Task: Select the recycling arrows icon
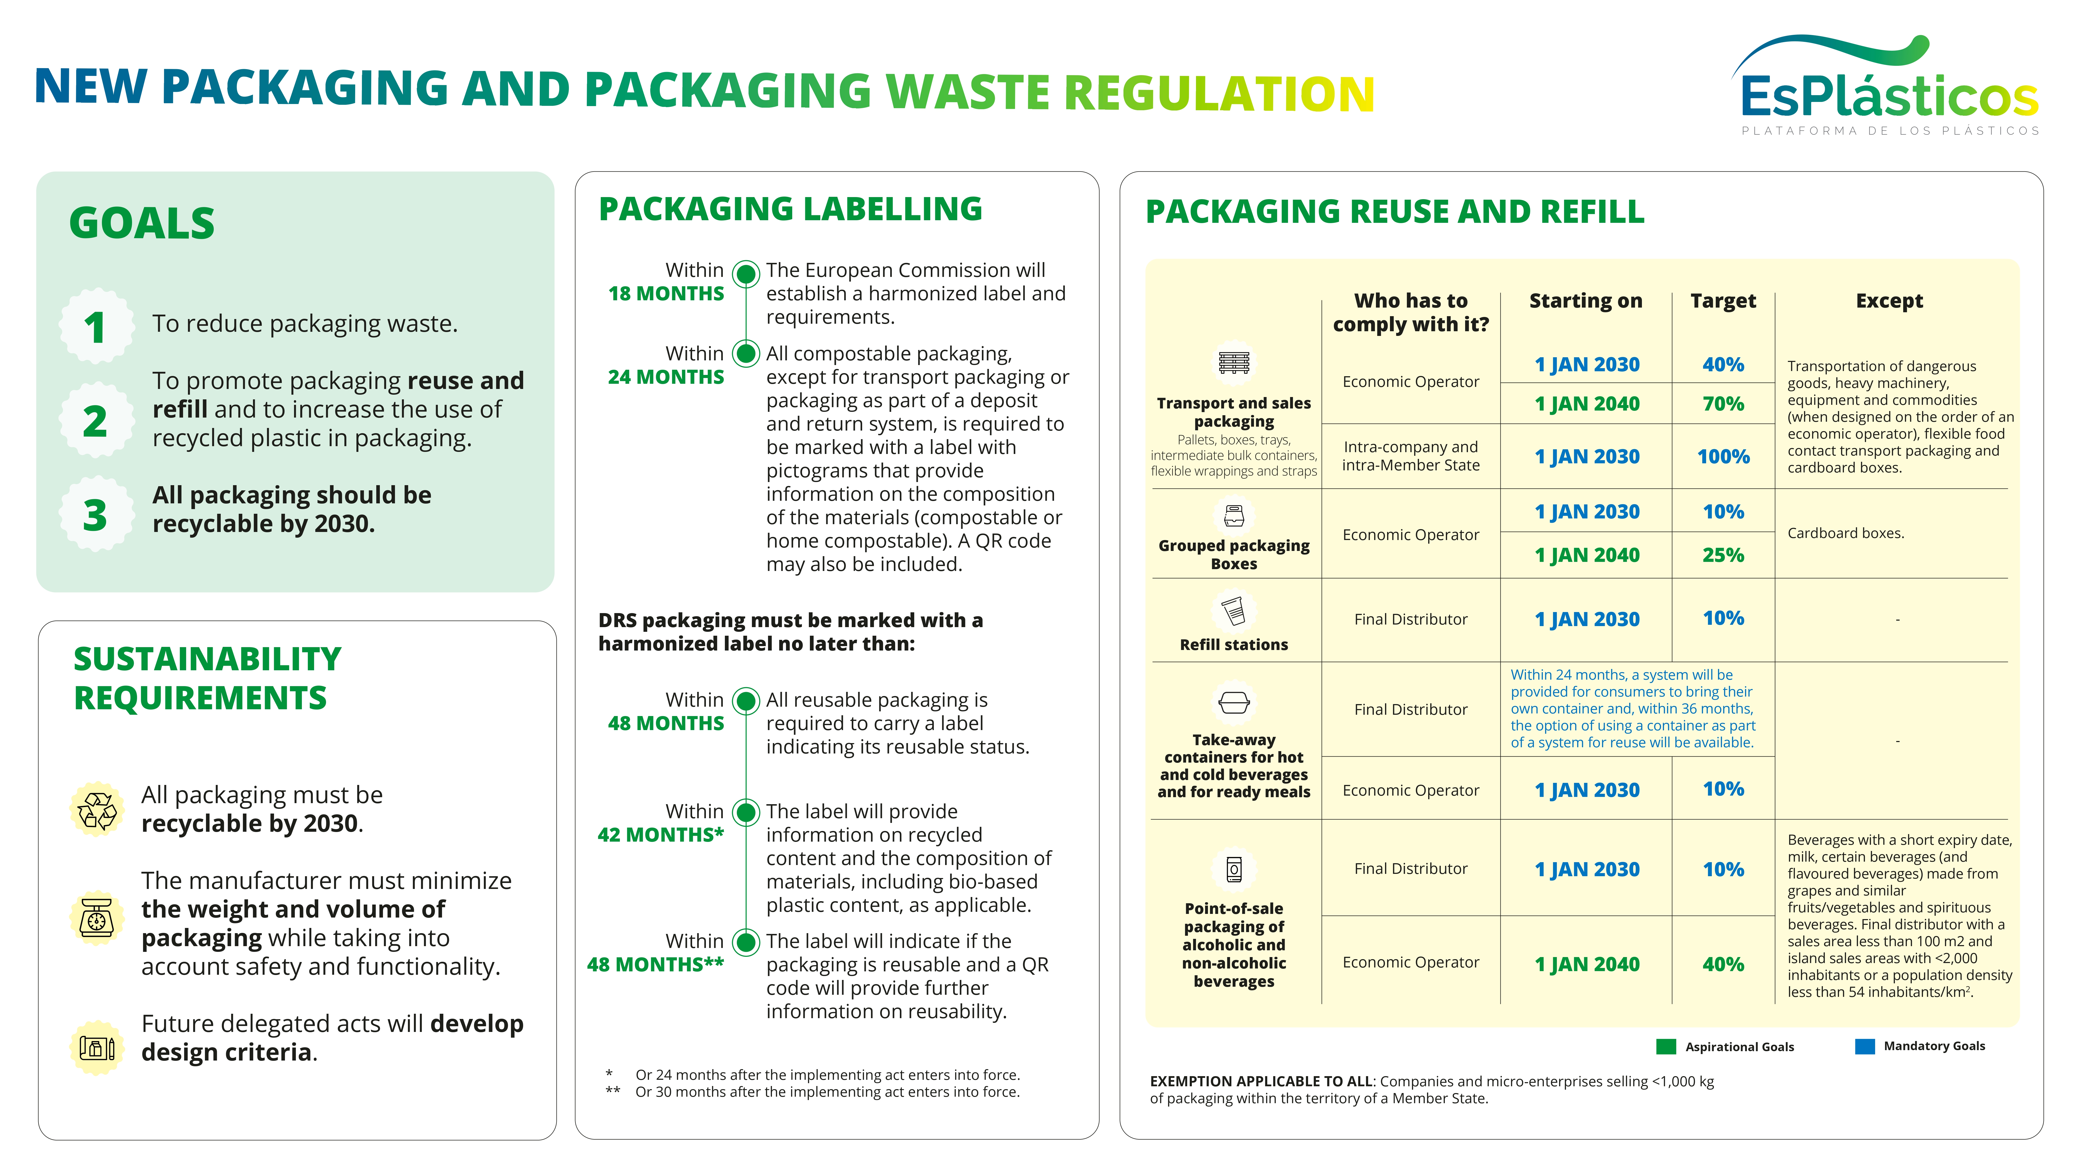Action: tap(97, 810)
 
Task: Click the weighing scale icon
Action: tap(97, 918)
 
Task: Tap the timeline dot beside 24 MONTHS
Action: tap(746, 354)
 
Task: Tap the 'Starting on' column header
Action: tap(1585, 301)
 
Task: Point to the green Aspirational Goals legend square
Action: tap(1665, 1046)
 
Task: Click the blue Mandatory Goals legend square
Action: tap(1864, 1046)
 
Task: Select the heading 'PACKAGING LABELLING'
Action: tap(790, 209)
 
